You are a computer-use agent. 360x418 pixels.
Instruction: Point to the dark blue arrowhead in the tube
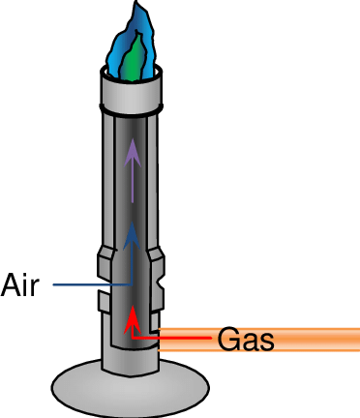tap(133, 233)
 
